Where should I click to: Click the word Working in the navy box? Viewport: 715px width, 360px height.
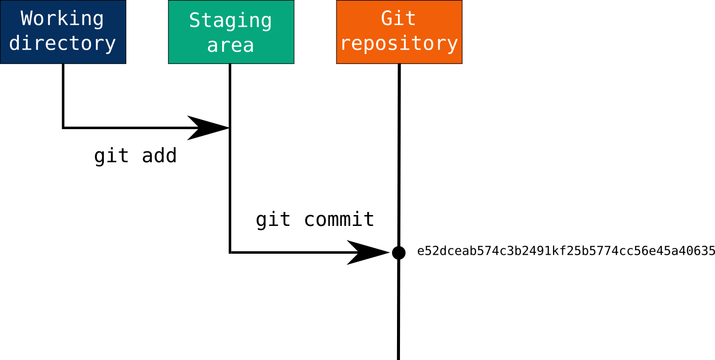click(x=63, y=19)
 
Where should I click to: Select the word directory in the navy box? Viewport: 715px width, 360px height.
click(x=63, y=43)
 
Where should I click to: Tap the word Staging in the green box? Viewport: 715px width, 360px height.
click(x=231, y=21)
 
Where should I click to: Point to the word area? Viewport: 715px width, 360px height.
click(x=231, y=45)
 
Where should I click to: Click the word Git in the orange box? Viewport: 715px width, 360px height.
click(x=398, y=18)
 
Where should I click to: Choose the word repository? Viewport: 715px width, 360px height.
click(x=399, y=43)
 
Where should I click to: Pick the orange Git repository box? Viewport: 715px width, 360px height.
click(x=399, y=56)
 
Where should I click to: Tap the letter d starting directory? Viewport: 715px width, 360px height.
click(x=15, y=43)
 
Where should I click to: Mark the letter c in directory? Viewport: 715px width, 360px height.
click(x=63, y=44)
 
